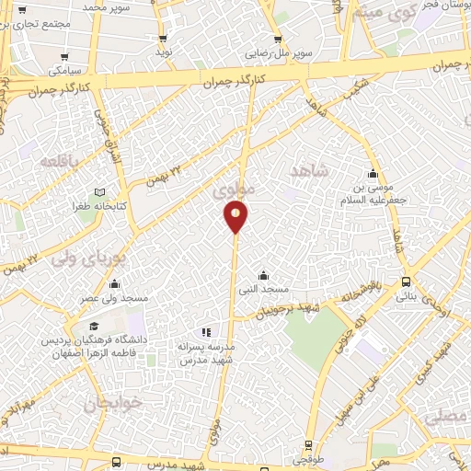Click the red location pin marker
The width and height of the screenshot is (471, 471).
tap(235, 217)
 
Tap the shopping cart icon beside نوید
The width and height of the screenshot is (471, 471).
tap(164, 39)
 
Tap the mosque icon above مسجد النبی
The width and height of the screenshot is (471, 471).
tap(263, 275)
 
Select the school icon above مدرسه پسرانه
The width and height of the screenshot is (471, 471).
tap(206, 332)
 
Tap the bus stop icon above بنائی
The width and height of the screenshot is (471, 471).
tap(406, 282)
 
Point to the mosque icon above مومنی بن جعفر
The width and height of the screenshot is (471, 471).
tap(373, 174)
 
